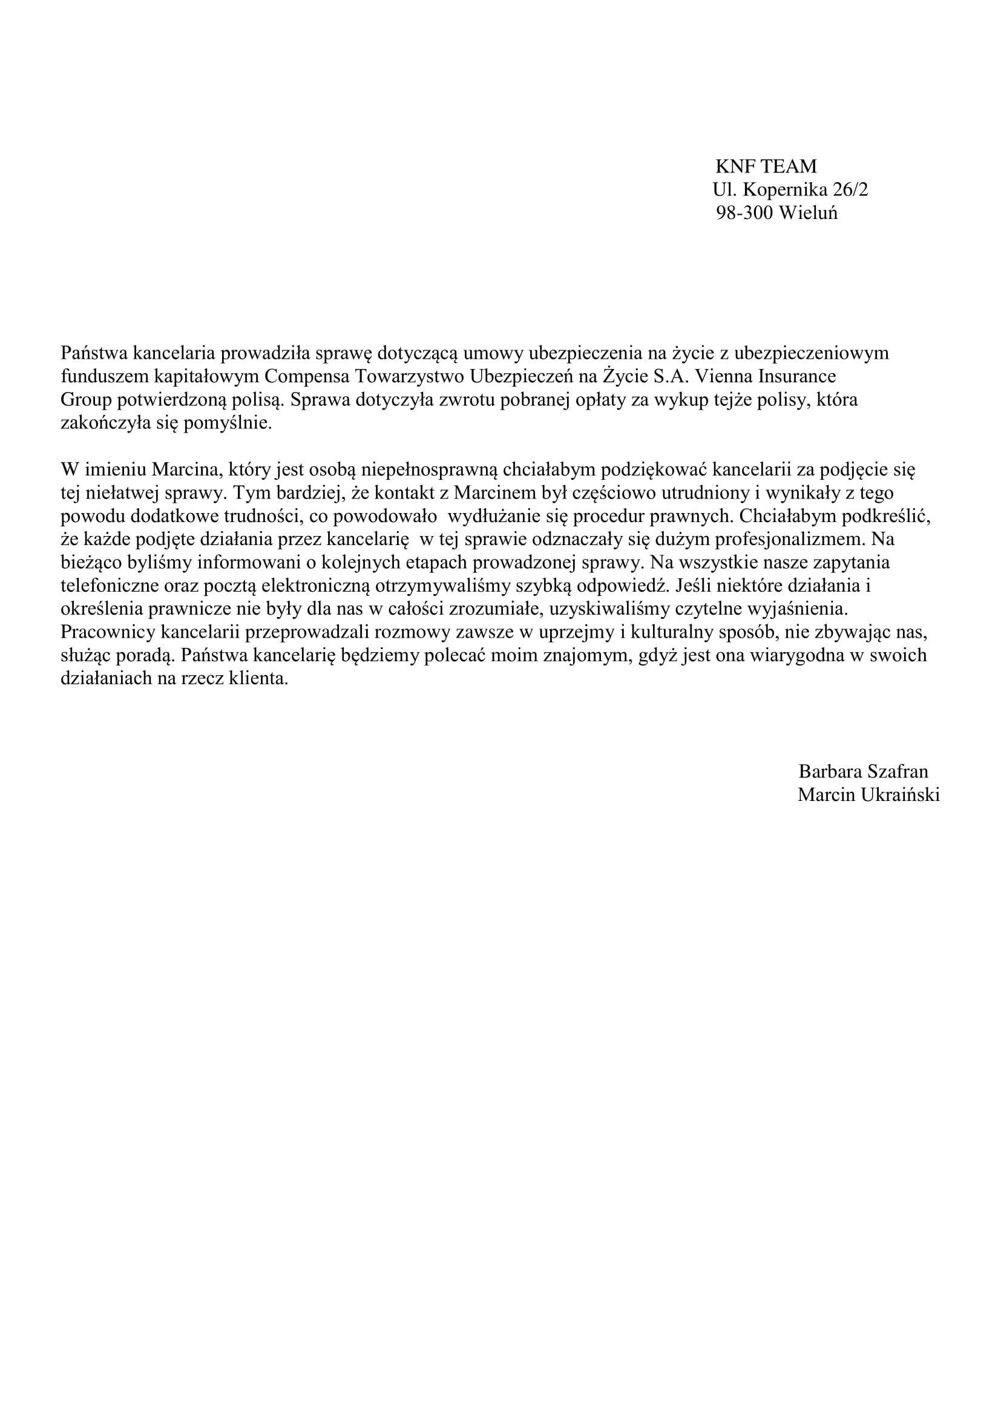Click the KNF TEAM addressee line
(766, 166)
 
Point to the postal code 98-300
(744, 213)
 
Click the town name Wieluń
(808, 213)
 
